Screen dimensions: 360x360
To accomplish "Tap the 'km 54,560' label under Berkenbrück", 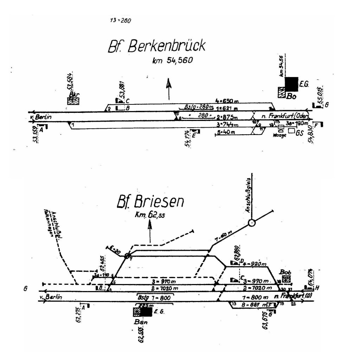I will click(x=173, y=60).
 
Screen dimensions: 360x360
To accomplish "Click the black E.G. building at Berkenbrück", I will click(x=291, y=84).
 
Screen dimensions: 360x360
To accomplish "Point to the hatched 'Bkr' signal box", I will click(x=73, y=101).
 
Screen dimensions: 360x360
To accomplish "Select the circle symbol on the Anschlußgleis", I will click(x=251, y=223).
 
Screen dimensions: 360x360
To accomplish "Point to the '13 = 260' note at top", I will click(x=120, y=20).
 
